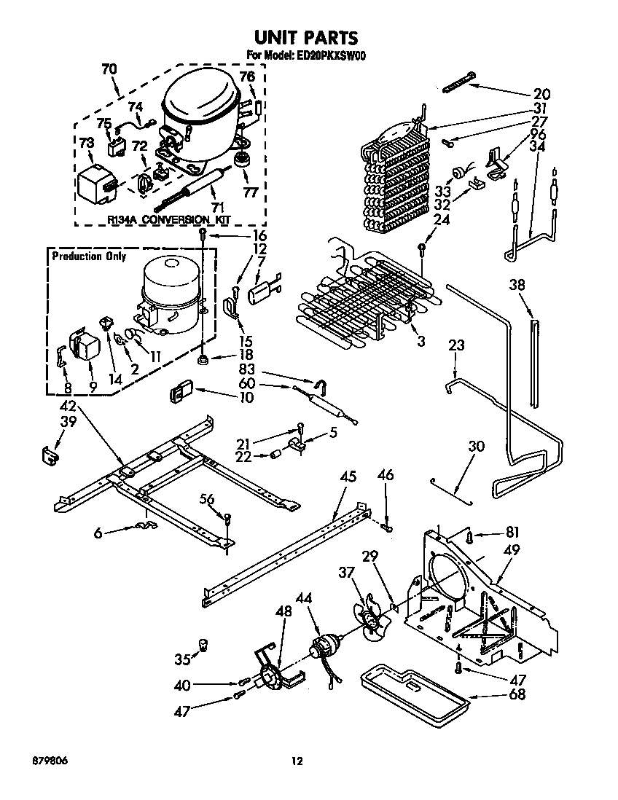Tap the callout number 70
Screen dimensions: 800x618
(x=109, y=70)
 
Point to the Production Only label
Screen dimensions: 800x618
(x=88, y=256)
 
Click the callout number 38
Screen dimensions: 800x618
(x=517, y=287)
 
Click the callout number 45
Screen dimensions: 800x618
(x=348, y=477)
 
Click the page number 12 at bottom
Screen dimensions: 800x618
(x=297, y=761)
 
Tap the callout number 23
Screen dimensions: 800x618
(x=456, y=345)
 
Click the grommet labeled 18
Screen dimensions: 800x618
(x=203, y=359)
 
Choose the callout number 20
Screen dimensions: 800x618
(x=541, y=93)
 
